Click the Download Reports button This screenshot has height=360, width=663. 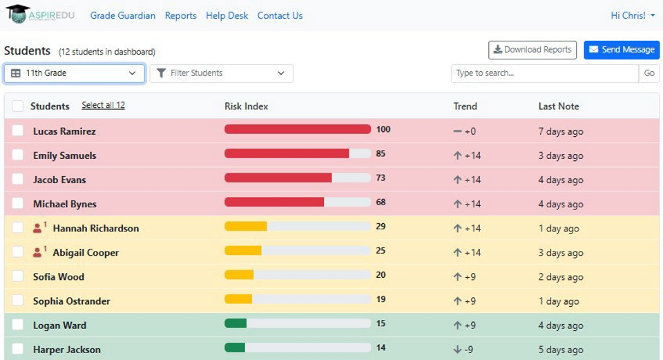(532, 50)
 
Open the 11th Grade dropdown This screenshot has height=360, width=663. (75, 73)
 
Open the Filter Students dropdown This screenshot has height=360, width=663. (221, 73)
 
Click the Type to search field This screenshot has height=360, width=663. (545, 73)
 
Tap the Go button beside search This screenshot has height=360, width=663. (649, 73)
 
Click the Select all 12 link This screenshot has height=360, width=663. (103, 105)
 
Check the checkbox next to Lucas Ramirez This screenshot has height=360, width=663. (18, 131)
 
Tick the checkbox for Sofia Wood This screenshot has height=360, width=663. (18, 276)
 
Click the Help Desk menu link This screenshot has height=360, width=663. (227, 16)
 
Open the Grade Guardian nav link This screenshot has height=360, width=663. (123, 16)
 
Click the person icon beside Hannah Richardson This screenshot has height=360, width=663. (37, 228)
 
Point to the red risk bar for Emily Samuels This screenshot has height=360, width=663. (287, 153)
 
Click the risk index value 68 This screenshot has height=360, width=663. (381, 202)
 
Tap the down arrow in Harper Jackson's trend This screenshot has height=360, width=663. (457, 350)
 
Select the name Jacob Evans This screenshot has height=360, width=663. (59, 180)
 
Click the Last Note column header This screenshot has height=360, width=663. (559, 106)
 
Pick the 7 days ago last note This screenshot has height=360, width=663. (561, 131)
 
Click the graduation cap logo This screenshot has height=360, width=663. (18, 14)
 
